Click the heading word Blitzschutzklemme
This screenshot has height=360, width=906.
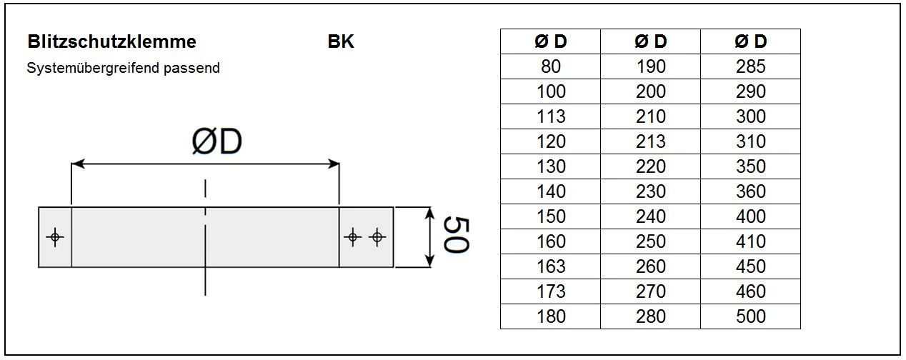111,41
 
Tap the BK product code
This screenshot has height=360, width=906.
341,41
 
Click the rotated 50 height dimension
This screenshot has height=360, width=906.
454,236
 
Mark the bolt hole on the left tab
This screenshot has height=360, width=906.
55,238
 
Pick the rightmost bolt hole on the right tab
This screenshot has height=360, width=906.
377,237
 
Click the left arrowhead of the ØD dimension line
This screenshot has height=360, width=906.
77,164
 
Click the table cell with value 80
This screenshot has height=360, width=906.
550,66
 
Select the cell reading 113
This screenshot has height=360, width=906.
550,116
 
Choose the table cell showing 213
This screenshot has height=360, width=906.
650,141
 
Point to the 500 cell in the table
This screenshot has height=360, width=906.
750,316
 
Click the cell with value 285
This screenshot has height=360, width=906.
750,66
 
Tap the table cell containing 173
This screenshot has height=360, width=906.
550,291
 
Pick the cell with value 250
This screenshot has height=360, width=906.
650,241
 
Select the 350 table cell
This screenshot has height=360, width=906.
750,166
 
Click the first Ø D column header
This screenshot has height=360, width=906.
550,41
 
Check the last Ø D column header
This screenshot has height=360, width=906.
750,41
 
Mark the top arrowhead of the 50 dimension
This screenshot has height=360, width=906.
430,213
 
